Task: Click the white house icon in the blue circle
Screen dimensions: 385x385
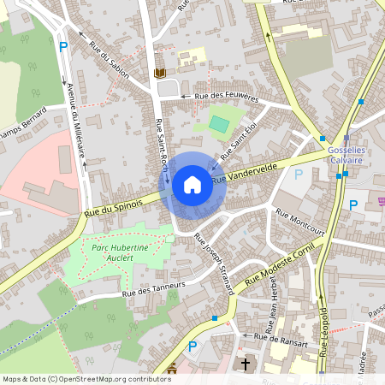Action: point(192,184)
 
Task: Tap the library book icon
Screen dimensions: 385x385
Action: point(158,74)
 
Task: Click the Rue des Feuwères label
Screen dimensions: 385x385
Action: point(226,97)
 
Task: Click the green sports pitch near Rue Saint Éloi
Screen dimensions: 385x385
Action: point(220,124)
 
